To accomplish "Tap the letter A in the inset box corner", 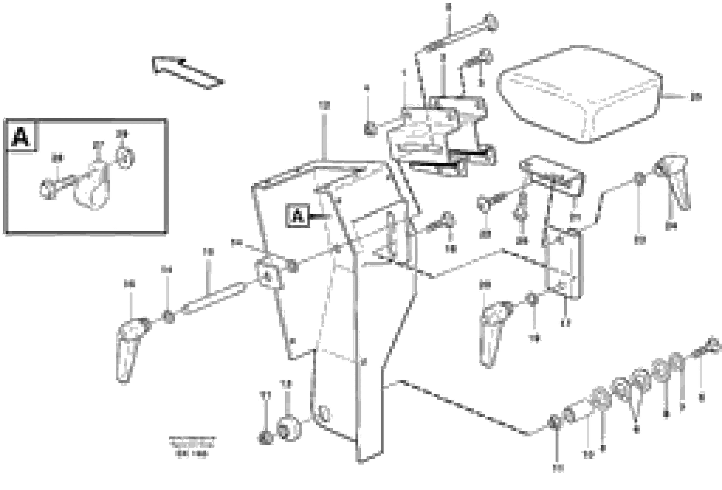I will (x=21, y=137).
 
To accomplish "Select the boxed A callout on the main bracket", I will (x=298, y=215).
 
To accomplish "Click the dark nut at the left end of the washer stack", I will (x=553, y=423).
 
